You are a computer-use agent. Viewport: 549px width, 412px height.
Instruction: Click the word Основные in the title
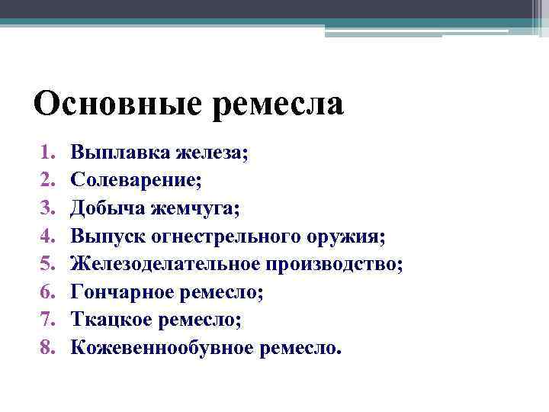point(118,103)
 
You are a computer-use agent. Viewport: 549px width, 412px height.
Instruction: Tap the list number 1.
point(47,153)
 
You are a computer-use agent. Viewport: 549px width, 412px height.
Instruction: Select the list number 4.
point(47,236)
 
